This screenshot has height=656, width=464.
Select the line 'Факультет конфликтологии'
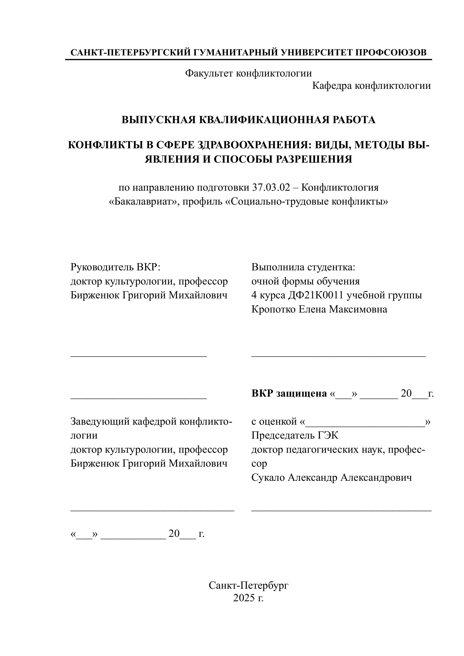[x=248, y=73]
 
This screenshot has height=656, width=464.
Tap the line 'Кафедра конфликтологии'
[x=371, y=86]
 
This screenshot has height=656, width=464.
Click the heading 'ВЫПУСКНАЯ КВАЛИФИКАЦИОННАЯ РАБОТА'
[x=248, y=120]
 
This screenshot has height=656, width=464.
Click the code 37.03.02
[x=275, y=188]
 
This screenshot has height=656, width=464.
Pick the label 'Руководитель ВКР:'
[x=116, y=267]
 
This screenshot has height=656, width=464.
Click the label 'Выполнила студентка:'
[x=303, y=267]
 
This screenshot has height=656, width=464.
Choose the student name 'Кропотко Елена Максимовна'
[x=319, y=309]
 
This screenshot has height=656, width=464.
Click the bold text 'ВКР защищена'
[x=289, y=394]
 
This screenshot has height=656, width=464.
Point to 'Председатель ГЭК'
[x=295, y=435]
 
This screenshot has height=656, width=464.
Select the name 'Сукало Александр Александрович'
[x=332, y=477]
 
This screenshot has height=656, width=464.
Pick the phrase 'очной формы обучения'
[x=305, y=281]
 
